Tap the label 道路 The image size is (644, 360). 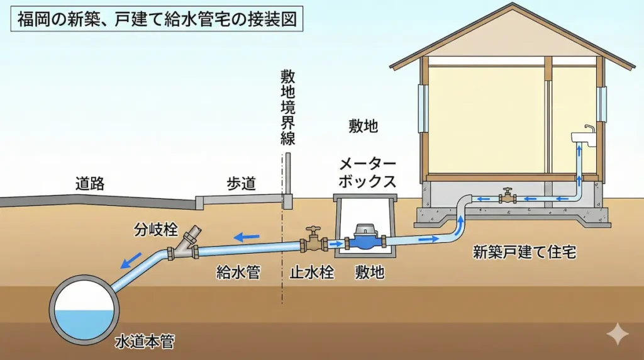tap(90, 184)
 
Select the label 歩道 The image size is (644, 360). tap(241, 184)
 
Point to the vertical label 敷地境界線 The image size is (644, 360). tap(288, 107)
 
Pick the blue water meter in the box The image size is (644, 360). tap(365, 239)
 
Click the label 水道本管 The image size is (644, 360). tap(145, 342)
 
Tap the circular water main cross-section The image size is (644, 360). tap(84, 308)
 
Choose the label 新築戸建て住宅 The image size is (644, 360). tap(525, 253)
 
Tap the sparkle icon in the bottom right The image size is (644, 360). tap(618, 334)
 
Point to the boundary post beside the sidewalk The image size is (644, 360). tap(287, 180)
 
